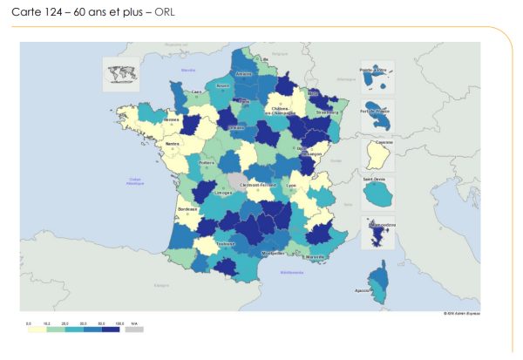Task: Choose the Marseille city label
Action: (318, 259)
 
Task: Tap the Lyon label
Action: (316, 185)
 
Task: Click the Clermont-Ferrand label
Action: (260, 185)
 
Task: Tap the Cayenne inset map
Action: (378, 155)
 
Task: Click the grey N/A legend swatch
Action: (134, 329)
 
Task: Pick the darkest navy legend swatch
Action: (112, 329)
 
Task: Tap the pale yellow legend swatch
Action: (36, 329)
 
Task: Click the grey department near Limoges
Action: (238, 181)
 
